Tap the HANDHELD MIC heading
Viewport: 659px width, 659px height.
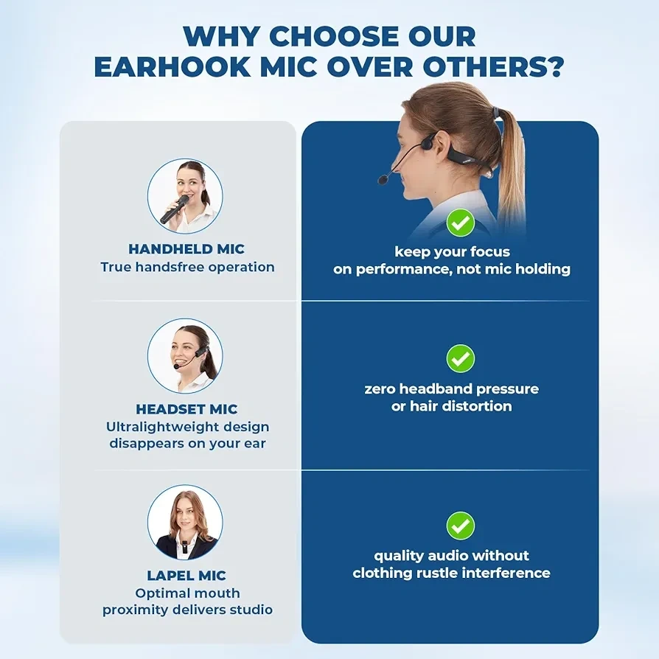(x=186, y=249)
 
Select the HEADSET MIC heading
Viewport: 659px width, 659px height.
(x=186, y=409)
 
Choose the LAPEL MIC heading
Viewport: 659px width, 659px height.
(x=186, y=576)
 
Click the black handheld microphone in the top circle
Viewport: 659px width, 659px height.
(x=174, y=209)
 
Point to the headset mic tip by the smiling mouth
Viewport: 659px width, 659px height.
(x=176, y=366)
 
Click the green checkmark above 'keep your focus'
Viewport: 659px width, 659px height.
(x=461, y=223)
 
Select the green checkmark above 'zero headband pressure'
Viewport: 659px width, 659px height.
(x=461, y=358)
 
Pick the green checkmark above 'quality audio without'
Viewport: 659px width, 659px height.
(x=461, y=526)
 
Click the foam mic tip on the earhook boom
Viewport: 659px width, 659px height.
(x=383, y=179)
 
